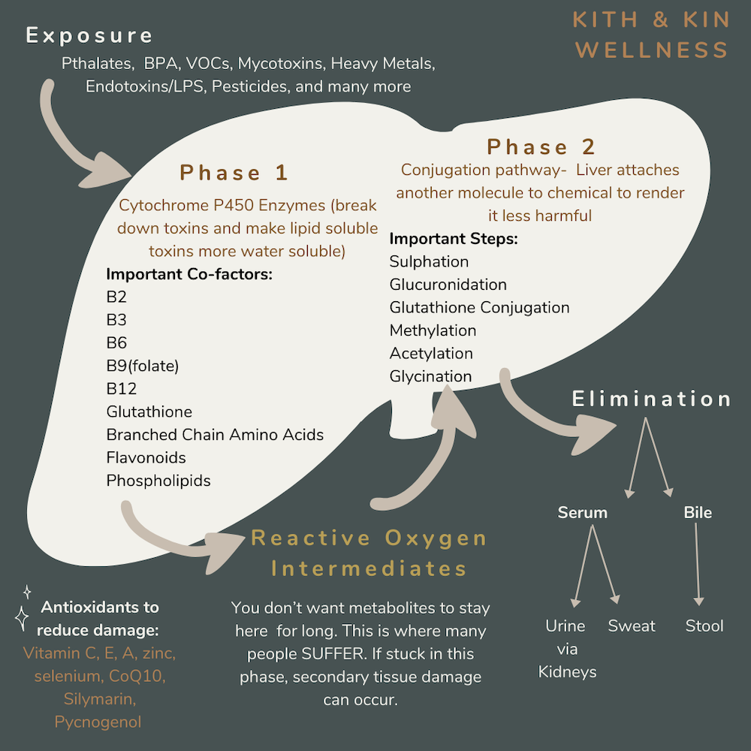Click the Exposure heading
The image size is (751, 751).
click(x=89, y=36)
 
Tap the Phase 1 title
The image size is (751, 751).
click(x=234, y=173)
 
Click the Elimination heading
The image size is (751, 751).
click(x=652, y=399)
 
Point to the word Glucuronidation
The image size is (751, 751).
click(x=448, y=285)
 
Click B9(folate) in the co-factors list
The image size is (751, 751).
click(x=143, y=366)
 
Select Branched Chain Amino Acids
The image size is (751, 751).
click(x=215, y=435)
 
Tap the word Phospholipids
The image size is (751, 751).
click(x=158, y=481)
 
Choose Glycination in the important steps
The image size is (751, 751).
click(x=430, y=376)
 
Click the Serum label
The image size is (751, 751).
click(x=582, y=513)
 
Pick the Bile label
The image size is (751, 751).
click(x=698, y=513)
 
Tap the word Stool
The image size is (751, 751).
click(x=704, y=626)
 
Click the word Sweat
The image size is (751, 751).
click(x=632, y=626)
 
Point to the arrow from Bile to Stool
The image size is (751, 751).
click(x=698, y=563)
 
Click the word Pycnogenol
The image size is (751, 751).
click(x=98, y=722)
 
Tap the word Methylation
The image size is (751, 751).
click(x=433, y=330)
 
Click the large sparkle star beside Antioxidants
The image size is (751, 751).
click(x=23, y=618)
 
